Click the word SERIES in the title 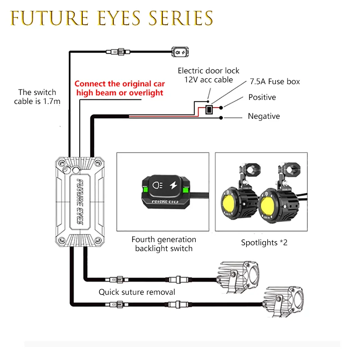(x=181, y=18)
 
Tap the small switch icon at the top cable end (x=180, y=52)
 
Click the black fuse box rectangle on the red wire (x=209, y=109)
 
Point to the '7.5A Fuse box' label (x=275, y=81)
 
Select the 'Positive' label (x=262, y=97)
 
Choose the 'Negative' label (x=264, y=116)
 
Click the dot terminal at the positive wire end (x=221, y=108)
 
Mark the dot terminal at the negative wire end (x=221, y=118)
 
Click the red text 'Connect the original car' (x=120, y=84)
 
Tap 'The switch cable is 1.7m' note (x=37, y=97)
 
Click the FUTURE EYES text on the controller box (x=80, y=202)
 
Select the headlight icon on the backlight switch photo (x=157, y=185)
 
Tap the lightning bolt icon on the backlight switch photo (x=173, y=185)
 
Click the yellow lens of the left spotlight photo (x=228, y=203)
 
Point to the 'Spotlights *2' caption (x=264, y=243)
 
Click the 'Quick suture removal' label (x=137, y=292)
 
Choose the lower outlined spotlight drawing (x=283, y=302)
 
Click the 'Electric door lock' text (x=208, y=71)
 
